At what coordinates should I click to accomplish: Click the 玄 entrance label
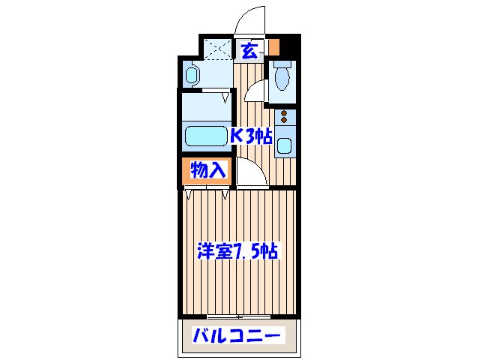tap(250, 51)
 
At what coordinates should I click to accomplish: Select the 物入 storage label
tap(208, 171)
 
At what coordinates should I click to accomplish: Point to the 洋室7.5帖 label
tap(239, 251)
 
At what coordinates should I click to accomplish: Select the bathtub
tap(205, 137)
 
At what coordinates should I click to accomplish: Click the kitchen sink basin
tap(285, 145)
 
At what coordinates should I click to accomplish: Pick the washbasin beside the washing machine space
tap(191, 74)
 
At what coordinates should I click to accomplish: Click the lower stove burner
tap(284, 121)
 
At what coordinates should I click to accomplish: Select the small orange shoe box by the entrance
tap(274, 46)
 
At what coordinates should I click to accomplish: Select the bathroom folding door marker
tap(225, 96)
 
